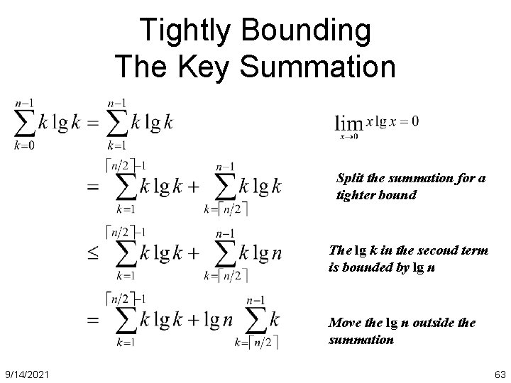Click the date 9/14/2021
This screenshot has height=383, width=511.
coord(28,374)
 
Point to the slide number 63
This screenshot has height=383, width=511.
coord(498,374)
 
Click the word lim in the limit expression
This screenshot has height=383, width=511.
coord(348,123)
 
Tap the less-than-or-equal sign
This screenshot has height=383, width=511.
coord(94,253)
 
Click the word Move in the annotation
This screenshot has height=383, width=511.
coord(346,323)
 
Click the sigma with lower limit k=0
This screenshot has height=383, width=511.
coord(24,122)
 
